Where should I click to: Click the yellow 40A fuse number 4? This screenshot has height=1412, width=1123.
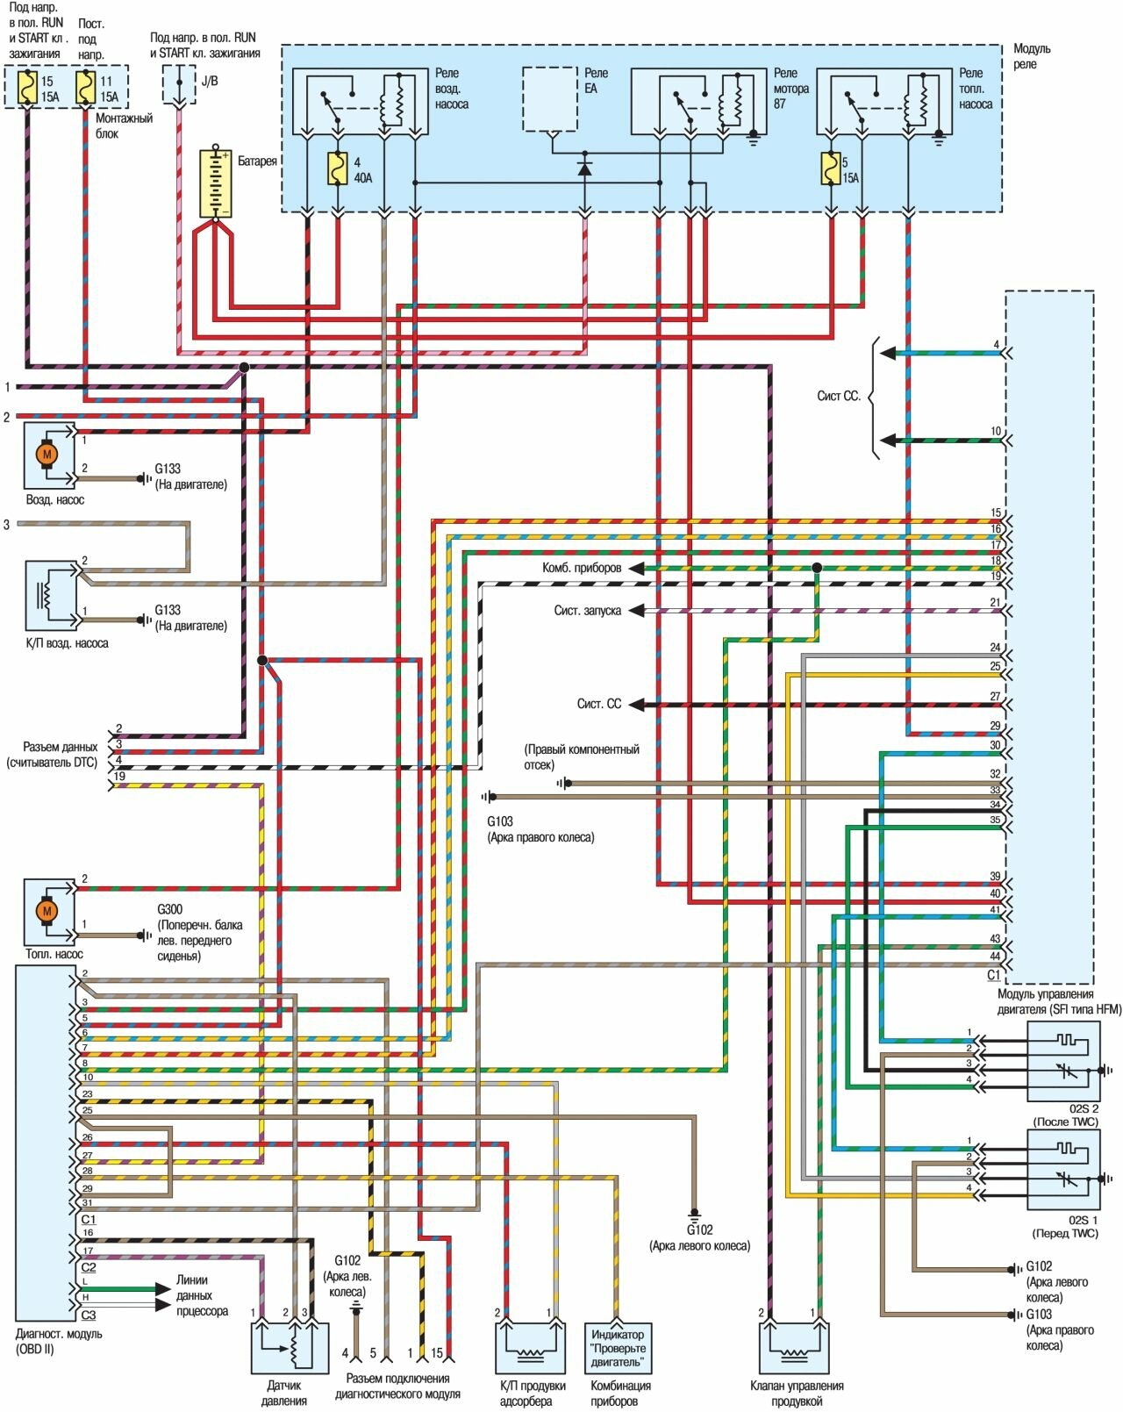[x=337, y=168]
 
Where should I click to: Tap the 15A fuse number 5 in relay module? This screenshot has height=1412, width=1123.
[x=830, y=168]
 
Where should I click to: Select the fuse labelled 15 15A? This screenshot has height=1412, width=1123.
[x=29, y=88]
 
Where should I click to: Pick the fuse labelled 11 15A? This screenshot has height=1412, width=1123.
[x=85, y=88]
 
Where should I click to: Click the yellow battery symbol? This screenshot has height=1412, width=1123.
[x=214, y=183]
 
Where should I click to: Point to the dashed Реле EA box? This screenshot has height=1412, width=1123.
[x=550, y=98]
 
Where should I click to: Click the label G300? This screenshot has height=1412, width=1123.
[x=170, y=910]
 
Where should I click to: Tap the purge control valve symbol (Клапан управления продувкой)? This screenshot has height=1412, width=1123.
[x=795, y=1348]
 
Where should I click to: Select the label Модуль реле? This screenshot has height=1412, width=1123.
[x=1031, y=56]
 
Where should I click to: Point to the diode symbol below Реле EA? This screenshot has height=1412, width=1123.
[x=585, y=168]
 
